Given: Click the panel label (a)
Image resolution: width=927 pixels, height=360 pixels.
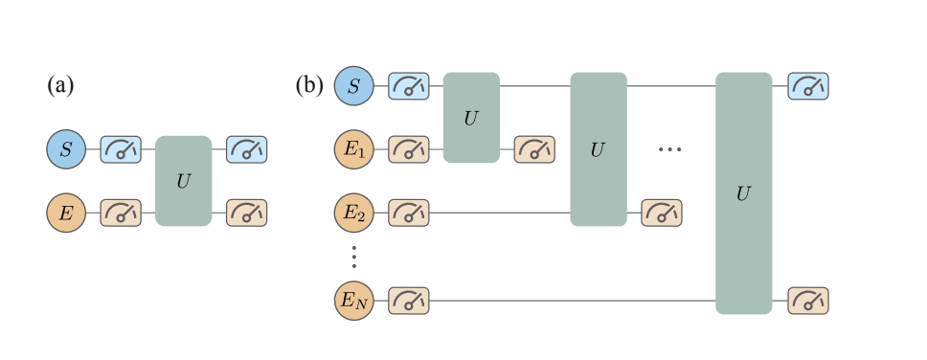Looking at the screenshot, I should click(60, 86).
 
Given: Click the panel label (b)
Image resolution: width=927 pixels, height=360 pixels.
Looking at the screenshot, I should click(308, 86).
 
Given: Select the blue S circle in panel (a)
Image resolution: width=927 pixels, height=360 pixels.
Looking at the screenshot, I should click(66, 149).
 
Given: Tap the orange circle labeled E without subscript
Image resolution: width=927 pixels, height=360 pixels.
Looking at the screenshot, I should click(66, 212).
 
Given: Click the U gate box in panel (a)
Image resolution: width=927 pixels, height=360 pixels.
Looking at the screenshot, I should click(183, 181).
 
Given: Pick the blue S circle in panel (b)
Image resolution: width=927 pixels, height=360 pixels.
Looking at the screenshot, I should click(353, 87).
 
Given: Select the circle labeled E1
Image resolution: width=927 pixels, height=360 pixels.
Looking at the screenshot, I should click(353, 149).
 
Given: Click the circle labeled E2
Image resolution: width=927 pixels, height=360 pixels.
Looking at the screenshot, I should click(353, 212).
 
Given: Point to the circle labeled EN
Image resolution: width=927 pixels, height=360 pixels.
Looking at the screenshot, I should click(353, 301).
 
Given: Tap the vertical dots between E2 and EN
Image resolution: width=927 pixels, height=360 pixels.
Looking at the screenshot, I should click(353, 257).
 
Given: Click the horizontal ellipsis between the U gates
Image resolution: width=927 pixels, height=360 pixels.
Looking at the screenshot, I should click(669, 149).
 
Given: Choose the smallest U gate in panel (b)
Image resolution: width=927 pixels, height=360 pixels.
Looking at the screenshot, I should click(471, 118).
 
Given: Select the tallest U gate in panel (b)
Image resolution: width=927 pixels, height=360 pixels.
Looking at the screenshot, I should click(743, 193).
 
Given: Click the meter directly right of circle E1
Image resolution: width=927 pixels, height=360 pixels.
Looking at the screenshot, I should click(408, 149).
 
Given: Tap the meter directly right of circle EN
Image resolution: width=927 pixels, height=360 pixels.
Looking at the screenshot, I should click(408, 301).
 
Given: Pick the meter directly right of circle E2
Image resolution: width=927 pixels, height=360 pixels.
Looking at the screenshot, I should click(408, 212).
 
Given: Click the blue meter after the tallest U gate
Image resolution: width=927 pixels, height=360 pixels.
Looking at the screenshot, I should click(807, 87).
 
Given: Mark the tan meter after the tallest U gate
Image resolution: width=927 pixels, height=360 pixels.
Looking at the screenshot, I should click(807, 301).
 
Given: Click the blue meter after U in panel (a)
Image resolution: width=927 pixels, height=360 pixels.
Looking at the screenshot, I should click(246, 149).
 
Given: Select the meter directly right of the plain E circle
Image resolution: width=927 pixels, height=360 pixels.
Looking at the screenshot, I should click(121, 212).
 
